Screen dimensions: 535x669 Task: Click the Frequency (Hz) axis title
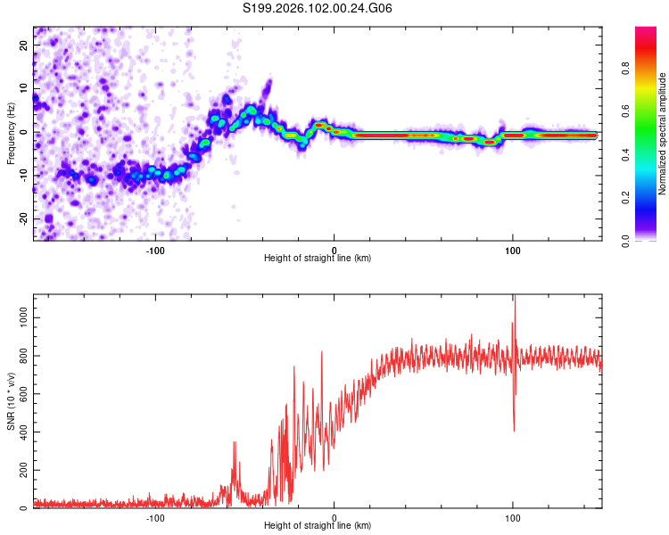[x=12, y=133]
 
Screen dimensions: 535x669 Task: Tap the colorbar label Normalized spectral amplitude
[x=663, y=134]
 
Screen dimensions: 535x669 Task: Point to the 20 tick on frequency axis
[x=24, y=45]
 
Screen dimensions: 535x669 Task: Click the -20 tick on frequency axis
[x=24, y=218]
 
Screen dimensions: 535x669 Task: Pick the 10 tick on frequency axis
[x=24, y=88]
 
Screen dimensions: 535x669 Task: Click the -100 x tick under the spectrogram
[x=155, y=249]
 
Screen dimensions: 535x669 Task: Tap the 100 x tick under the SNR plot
[x=513, y=517]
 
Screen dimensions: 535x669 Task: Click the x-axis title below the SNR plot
[x=318, y=526]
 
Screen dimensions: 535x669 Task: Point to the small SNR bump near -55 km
[x=235, y=443]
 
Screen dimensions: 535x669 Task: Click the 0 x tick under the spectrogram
[x=334, y=249]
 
